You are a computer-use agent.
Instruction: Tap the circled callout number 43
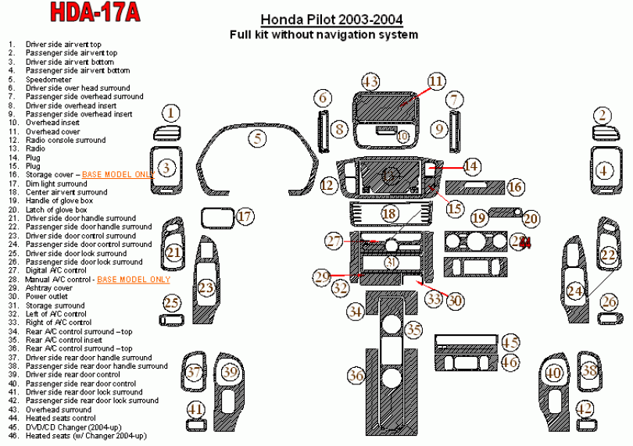click(370, 81)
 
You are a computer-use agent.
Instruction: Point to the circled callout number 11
click(435, 80)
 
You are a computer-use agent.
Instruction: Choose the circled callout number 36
click(356, 376)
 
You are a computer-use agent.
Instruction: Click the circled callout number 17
click(245, 216)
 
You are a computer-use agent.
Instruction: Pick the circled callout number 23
click(206, 288)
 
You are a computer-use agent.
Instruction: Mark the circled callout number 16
click(514, 187)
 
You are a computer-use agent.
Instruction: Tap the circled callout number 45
click(510, 342)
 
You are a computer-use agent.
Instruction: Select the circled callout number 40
click(554, 373)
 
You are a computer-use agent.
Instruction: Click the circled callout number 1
click(170, 112)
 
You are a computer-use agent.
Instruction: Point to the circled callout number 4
click(603, 169)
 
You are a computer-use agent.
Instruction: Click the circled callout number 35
click(413, 330)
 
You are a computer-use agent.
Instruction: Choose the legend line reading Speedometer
click(48, 80)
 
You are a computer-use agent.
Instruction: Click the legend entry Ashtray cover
click(48, 288)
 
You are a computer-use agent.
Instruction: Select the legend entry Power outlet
click(47, 297)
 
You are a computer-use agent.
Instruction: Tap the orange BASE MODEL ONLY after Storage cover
click(116, 175)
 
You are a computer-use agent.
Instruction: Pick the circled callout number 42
click(584, 408)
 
